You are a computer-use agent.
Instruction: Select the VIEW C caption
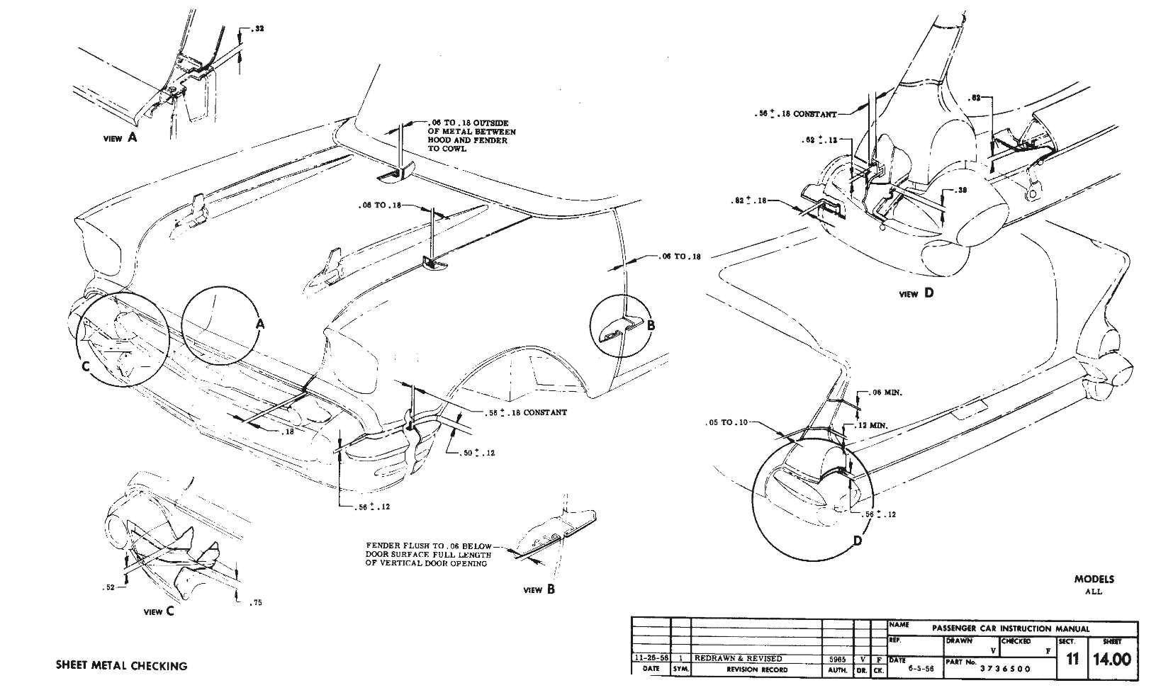(158, 612)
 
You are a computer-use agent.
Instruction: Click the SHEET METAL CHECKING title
(121, 666)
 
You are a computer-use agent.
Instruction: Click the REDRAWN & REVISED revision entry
(738, 658)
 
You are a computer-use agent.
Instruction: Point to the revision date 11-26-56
(650, 658)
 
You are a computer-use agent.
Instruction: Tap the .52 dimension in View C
(108, 587)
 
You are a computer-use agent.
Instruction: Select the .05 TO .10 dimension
(726, 422)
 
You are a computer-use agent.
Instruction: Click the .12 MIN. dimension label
(873, 425)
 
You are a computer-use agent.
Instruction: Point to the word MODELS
(1094, 579)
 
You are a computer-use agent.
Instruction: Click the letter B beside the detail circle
(651, 326)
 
